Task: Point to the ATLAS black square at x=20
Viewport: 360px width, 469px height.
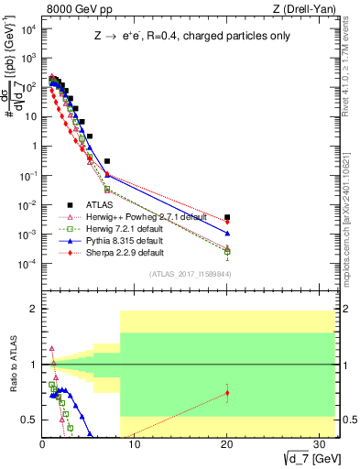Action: (x=227, y=217)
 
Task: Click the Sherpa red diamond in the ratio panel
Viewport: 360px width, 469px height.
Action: (x=227, y=393)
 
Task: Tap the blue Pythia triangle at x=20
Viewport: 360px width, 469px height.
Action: (x=227, y=234)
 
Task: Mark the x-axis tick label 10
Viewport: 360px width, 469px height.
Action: (x=135, y=444)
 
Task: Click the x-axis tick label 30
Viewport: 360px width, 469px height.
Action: (x=319, y=444)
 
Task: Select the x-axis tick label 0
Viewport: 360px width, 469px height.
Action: (x=42, y=444)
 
